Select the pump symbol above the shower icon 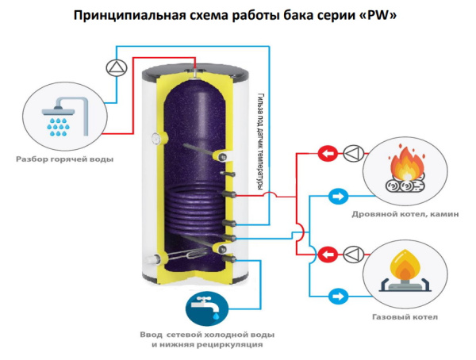[x=115, y=67]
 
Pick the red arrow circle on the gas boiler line [x=325, y=255]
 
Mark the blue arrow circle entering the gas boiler [x=336, y=297]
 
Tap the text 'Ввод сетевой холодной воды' [x=209, y=334]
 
